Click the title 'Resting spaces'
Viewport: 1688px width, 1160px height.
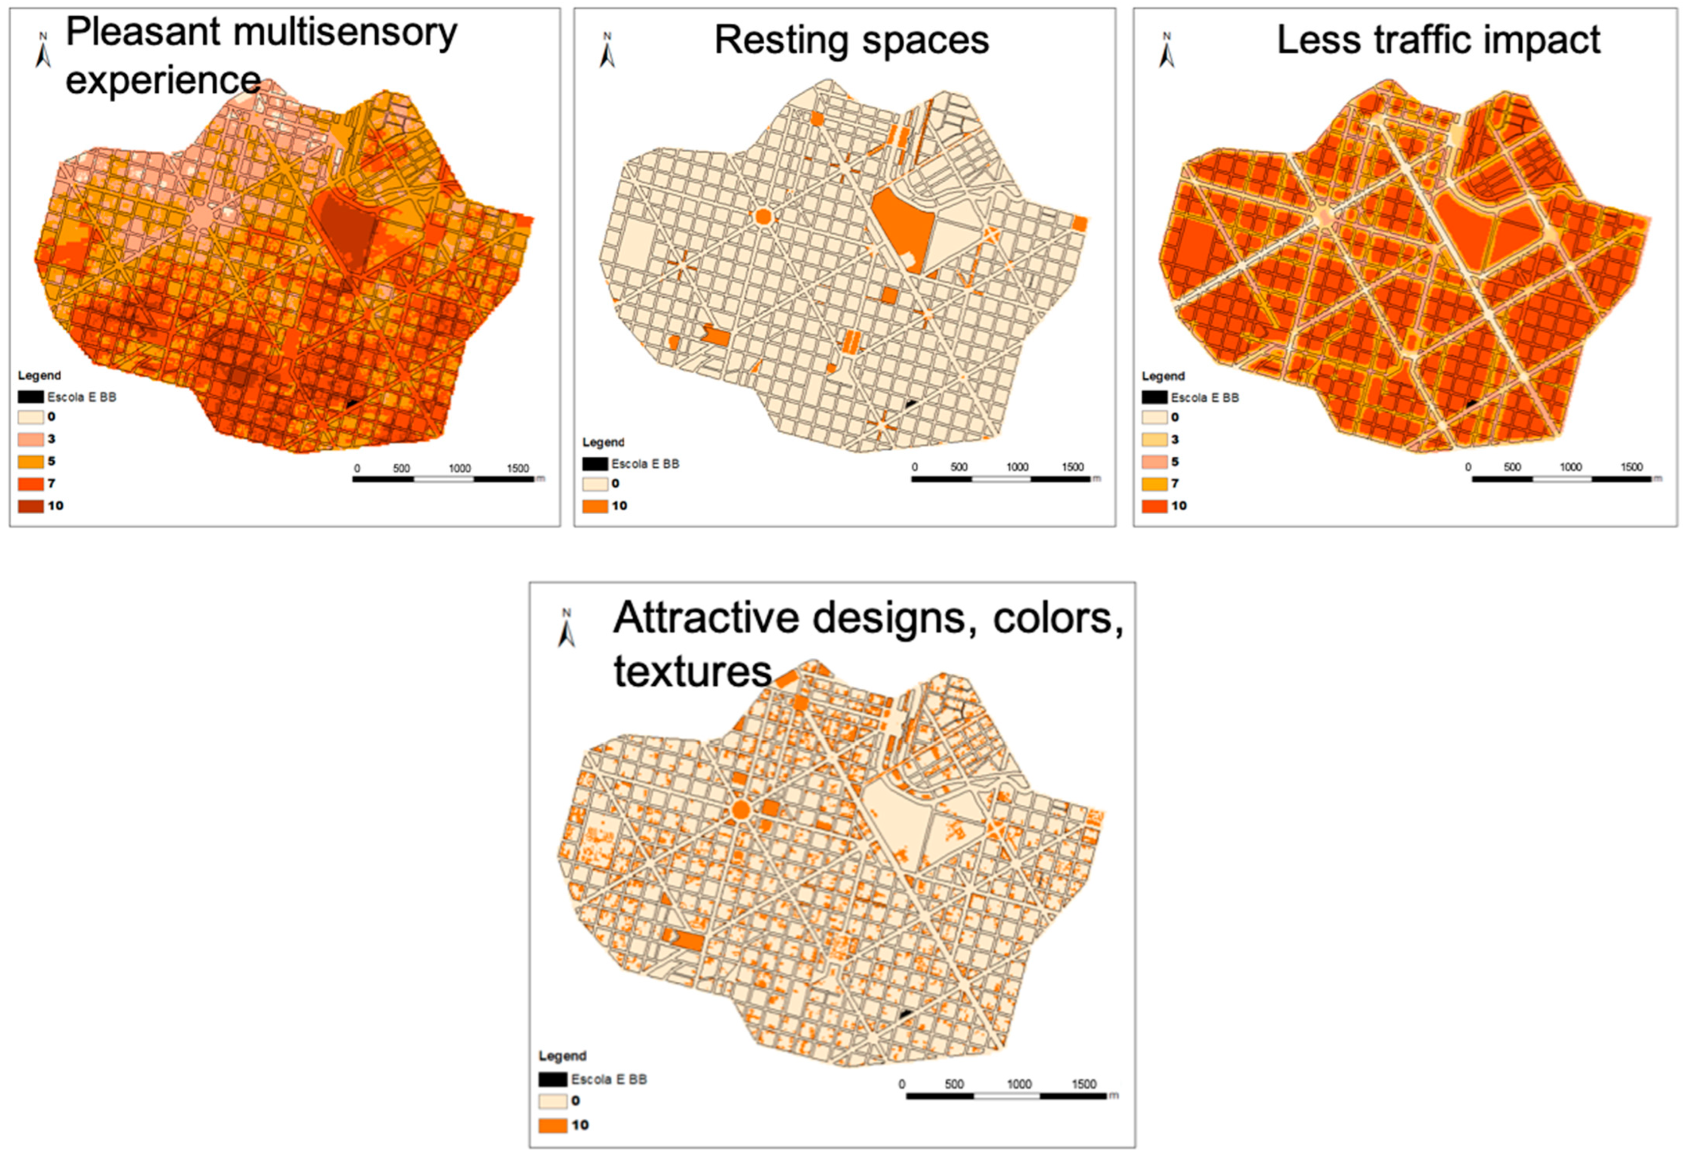(851, 40)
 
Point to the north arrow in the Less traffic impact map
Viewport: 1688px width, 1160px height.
(1166, 51)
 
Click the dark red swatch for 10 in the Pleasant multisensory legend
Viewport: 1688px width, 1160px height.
(31, 506)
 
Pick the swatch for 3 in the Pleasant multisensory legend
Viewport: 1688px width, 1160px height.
(31, 439)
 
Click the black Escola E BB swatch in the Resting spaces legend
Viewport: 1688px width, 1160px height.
(595, 464)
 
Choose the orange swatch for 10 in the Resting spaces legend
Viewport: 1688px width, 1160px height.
(595, 506)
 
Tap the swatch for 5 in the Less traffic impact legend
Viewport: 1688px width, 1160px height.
(1154, 461)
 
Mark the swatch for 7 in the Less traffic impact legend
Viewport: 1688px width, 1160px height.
(1154, 483)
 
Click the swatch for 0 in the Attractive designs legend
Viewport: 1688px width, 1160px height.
(552, 1101)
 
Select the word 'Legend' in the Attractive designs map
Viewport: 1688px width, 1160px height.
(562, 1055)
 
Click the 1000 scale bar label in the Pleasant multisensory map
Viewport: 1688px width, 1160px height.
(459, 468)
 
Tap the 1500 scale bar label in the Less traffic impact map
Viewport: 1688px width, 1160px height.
(1631, 467)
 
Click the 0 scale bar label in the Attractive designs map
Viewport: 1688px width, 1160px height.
(902, 1084)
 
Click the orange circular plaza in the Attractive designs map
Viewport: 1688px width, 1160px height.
(740, 810)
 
